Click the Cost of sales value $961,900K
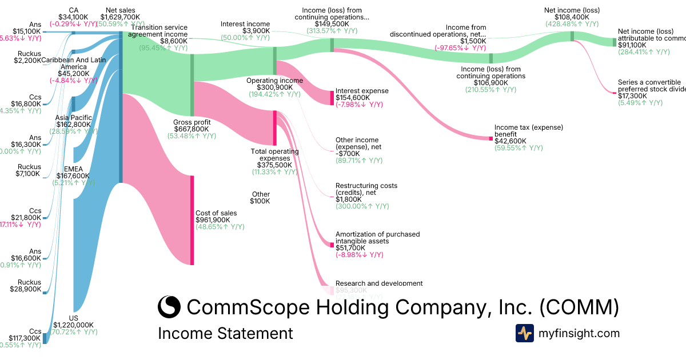(x=213, y=219)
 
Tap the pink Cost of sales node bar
(x=192, y=220)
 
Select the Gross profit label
(x=192, y=122)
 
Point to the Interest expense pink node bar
(x=332, y=98)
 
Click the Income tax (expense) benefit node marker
(x=490, y=138)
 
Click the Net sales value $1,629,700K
(x=121, y=17)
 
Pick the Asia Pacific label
(x=74, y=118)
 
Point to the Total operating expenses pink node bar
(x=275, y=127)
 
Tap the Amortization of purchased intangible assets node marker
(x=332, y=245)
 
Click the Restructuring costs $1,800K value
(x=348, y=199)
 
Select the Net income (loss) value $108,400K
(x=571, y=17)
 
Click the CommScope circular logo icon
(x=169, y=307)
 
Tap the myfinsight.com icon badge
(x=524, y=333)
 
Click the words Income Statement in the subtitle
(x=225, y=334)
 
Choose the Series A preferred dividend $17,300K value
(x=632, y=96)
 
